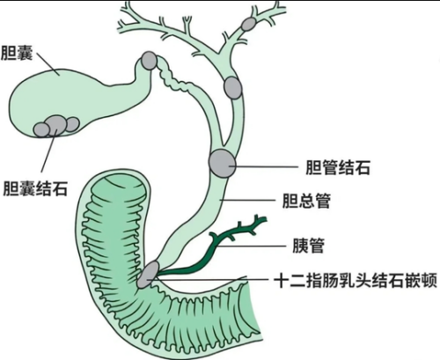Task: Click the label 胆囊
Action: (x=17, y=53)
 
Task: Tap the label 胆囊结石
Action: (x=35, y=188)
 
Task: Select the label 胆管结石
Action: (x=338, y=167)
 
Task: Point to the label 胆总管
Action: (x=306, y=201)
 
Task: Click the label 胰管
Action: (x=308, y=246)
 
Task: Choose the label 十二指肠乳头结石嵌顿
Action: (x=356, y=280)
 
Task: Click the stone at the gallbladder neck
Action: (x=149, y=61)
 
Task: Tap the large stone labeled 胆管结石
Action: (x=222, y=163)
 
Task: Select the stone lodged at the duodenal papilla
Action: (x=148, y=275)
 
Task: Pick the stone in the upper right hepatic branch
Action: (x=249, y=24)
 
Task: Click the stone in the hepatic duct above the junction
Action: (x=233, y=87)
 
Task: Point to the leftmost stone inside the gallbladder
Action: (x=41, y=129)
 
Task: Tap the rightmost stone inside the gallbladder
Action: (x=72, y=124)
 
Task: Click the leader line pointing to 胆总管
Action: (x=249, y=200)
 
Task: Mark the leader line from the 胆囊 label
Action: (x=48, y=64)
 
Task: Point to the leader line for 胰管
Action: (x=252, y=246)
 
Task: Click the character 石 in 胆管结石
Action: (x=363, y=167)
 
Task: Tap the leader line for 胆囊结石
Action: (x=48, y=151)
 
